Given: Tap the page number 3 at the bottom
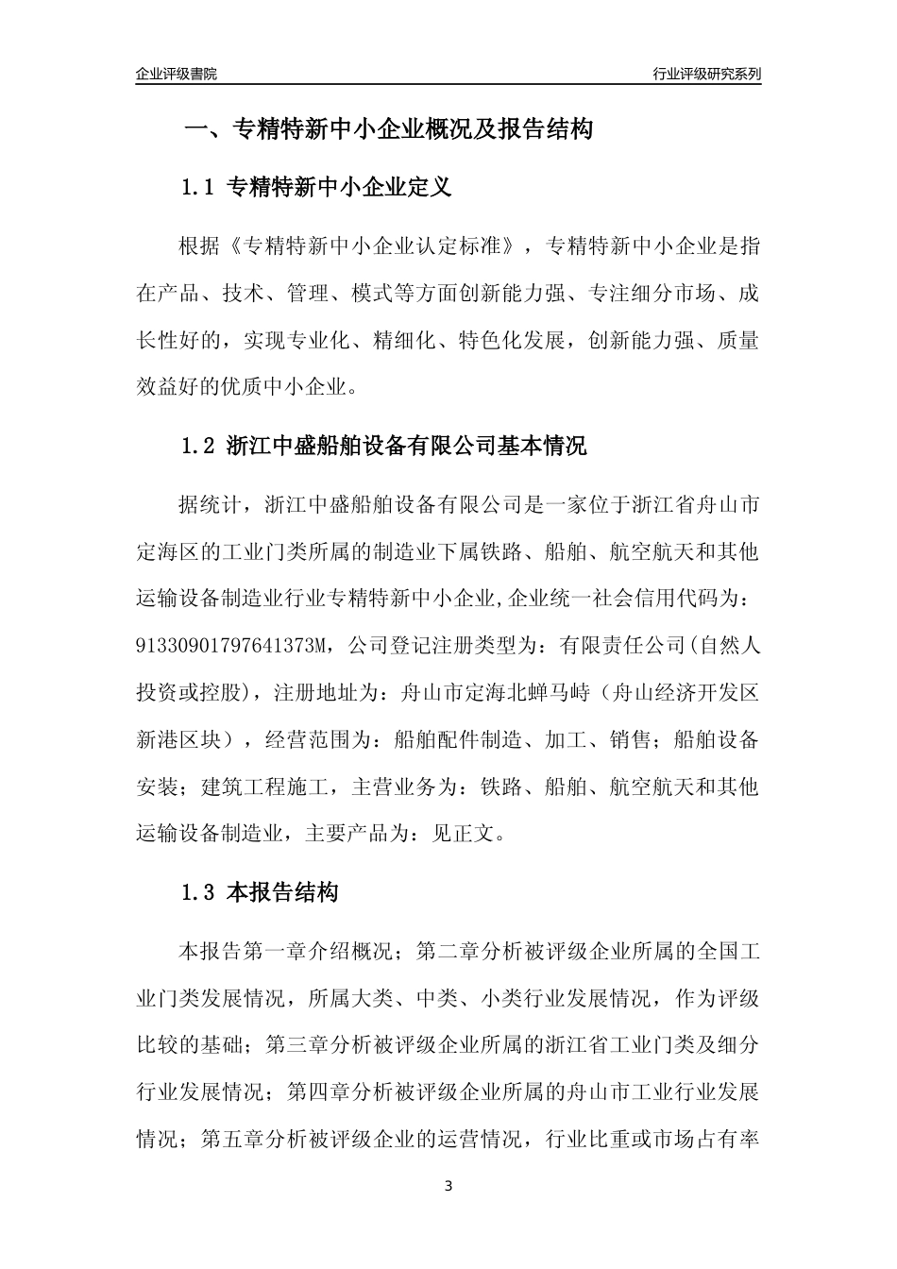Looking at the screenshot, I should click(x=448, y=1187).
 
